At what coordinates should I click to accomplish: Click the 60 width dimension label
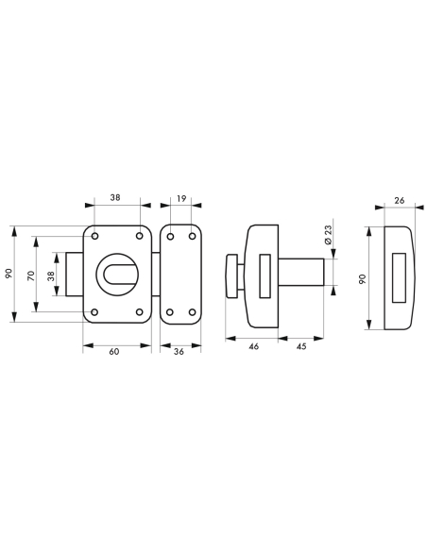pos(114,352)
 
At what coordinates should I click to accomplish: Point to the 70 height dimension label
pos(30,277)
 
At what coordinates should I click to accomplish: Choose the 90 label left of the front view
pos(9,274)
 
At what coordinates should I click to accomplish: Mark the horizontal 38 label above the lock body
pos(116,199)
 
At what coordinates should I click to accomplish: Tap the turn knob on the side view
pos(230,276)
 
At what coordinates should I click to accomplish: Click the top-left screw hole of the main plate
pos(95,234)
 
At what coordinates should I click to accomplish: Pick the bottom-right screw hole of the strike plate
pos(192,311)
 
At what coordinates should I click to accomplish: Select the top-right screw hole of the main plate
pos(139,234)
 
